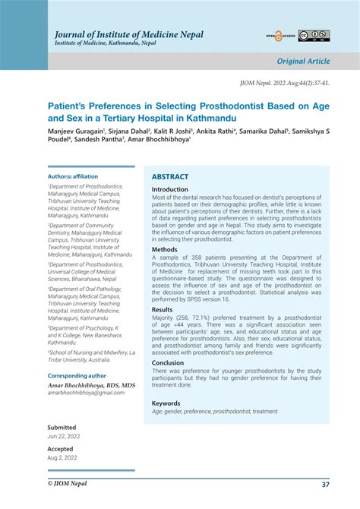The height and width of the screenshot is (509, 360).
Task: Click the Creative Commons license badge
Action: coord(314,36)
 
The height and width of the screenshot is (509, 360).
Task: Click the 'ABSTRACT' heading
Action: coord(170,177)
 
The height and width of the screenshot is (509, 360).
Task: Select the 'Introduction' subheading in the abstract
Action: coord(169,190)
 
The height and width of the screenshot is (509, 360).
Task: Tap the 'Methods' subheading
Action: coord(165,249)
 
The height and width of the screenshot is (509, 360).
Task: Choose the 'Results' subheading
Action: coord(163,309)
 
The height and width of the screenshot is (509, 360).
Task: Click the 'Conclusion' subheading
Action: coord(168,362)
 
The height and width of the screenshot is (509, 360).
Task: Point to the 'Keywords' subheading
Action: coord(166,403)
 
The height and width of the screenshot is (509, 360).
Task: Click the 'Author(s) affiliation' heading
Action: coord(73,176)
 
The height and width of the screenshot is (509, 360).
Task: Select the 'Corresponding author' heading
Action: coord(77,375)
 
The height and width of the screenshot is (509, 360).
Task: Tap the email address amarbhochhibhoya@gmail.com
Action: coord(86,393)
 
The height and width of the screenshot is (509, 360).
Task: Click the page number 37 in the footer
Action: coord(325,484)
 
